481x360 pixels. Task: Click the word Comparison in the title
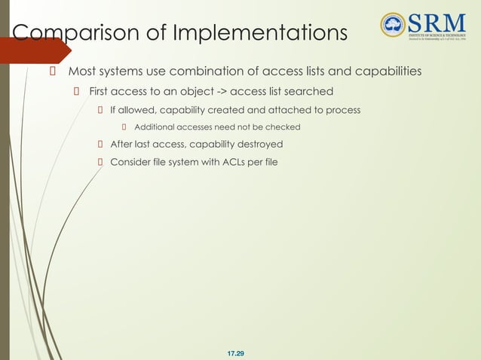66,34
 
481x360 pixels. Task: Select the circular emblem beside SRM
393,25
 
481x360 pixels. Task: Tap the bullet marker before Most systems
53,72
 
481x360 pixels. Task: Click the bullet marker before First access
76,92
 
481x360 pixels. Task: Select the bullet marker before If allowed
100,110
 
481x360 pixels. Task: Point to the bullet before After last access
100,143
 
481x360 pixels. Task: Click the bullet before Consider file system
100,160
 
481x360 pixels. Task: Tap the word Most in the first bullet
82,72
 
